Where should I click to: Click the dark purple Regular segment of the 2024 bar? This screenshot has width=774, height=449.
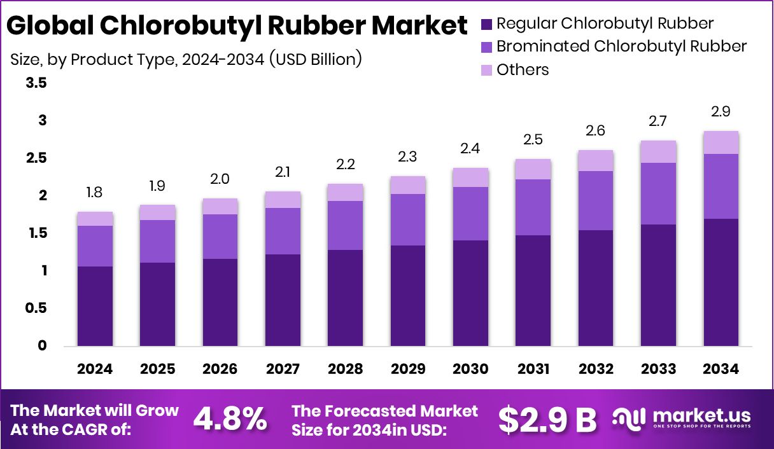[95, 306]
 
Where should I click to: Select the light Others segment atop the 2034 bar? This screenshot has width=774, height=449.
[721, 142]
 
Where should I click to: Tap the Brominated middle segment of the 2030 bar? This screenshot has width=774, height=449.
[470, 214]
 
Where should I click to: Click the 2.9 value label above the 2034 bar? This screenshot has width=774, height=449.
[721, 111]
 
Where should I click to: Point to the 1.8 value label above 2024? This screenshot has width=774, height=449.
[95, 193]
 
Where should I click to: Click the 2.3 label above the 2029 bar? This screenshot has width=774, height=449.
[408, 156]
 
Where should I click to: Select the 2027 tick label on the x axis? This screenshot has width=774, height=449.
[283, 370]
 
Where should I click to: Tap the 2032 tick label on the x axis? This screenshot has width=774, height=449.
[596, 370]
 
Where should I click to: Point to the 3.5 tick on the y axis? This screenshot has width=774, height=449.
[36, 83]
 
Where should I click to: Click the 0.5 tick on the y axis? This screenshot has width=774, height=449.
[36, 308]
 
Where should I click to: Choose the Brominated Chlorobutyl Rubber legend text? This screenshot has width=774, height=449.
[621, 46]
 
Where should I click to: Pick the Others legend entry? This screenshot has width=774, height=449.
[522, 69]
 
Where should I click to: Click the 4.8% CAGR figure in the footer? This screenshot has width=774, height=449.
[230, 419]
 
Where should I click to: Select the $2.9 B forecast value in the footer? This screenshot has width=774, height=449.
[547, 419]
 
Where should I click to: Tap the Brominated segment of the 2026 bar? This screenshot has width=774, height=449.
[220, 237]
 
